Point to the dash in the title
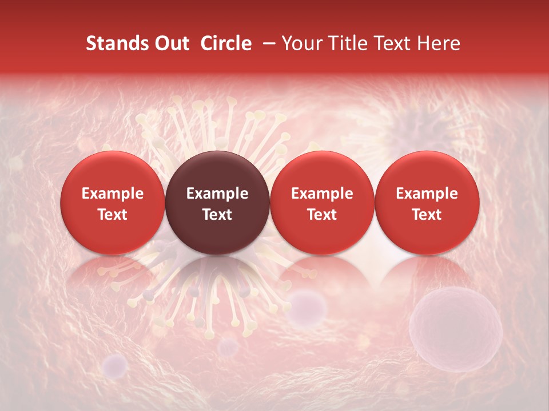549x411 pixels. (266, 43)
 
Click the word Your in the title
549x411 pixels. (301, 43)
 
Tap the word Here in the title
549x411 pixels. (437, 43)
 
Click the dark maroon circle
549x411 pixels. (217, 203)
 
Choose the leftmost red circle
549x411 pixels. (113, 203)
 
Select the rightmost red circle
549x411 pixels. (427, 203)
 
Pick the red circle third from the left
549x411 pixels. (322, 203)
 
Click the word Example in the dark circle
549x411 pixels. (217, 194)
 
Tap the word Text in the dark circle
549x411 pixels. (217, 215)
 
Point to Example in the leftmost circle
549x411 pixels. (113, 194)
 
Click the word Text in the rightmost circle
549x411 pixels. (427, 215)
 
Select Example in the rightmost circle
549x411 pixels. (427, 194)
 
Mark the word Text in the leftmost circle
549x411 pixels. (113, 215)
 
